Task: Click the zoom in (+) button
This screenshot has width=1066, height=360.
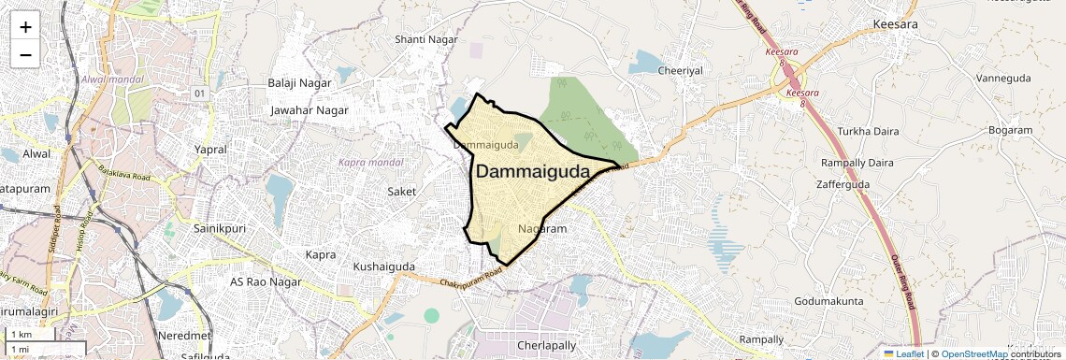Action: pyautogui.click(x=25, y=27)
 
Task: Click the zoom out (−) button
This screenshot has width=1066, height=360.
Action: pyautogui.click(x=25, y=54)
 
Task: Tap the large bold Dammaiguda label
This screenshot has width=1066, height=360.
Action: pyautogui.click(x=533, y=172)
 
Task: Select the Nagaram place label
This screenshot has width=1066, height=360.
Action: pyautogui.click(x=542, y=229)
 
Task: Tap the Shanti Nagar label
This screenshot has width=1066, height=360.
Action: pyautogui.click(x=426, y=39)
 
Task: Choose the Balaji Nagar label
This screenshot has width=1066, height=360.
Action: pyautogui.click(x=299, y=83)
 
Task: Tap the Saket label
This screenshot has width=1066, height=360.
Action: pyautogui.click(x=402, y=191)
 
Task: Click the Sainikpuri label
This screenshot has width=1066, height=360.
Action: pyautogui.click(x=218, y=227)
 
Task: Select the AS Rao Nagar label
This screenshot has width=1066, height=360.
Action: pyautogui.click(x=266, y=281)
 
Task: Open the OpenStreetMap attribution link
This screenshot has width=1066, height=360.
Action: pyautogui.click(x=973, y=354)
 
